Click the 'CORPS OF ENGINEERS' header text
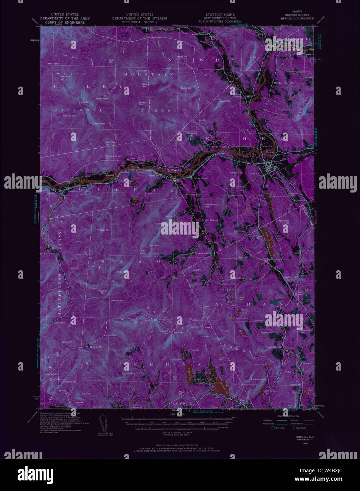pos(65,23)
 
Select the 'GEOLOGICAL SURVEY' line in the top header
pos(140,22)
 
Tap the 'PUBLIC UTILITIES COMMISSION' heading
pos(220,21)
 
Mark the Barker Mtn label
pos(186,88)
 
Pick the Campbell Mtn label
pos(98,124)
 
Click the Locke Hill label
pos(112,61)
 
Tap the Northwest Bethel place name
pos(218,147)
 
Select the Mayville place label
pos(268,146)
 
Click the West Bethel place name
pos(201,178)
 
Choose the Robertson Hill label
pos(236,173)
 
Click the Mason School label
pos(203,253)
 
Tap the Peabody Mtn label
pos(103,230)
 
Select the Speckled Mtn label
pos(96,347)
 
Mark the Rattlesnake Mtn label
pos(258,379)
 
